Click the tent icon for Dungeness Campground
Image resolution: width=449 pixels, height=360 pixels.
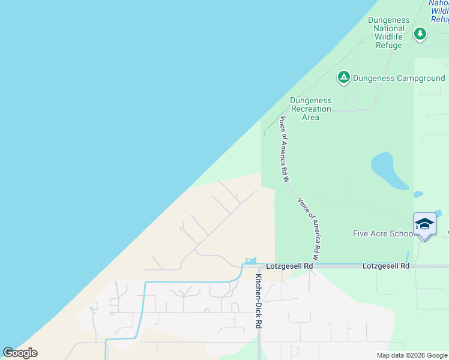click(343, 77)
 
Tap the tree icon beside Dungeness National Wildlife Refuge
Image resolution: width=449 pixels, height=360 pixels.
click(421, 34)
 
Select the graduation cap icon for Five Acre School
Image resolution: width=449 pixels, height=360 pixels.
click(424, 224)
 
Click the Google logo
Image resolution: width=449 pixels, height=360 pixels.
click(20, 353)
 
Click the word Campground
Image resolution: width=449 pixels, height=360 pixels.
click(420, 79)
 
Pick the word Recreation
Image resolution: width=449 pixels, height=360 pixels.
click(310, 109)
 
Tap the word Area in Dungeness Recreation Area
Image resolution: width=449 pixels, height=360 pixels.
click(310, 118)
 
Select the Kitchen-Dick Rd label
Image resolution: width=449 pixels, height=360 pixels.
click(259, 301)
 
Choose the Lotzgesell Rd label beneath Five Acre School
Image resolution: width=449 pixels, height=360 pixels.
click(385, 266)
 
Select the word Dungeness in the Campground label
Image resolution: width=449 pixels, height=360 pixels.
click(374, 79)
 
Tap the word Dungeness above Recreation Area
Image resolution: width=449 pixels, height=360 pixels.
click(310, 101)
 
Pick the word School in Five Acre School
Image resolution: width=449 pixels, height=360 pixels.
click(403, 234)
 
